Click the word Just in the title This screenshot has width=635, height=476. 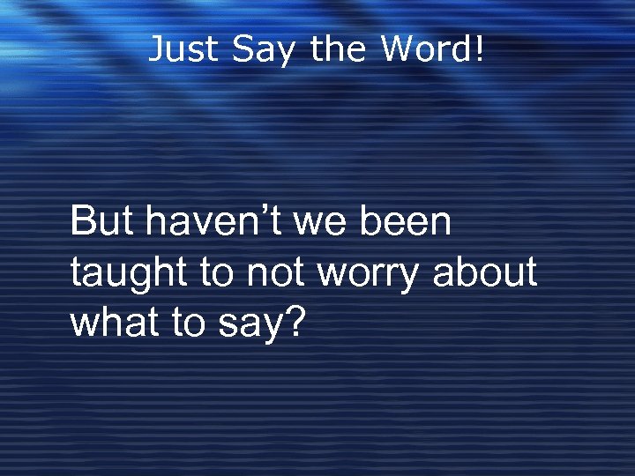184,49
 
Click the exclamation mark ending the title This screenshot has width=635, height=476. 480,49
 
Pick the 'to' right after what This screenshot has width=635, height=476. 187,324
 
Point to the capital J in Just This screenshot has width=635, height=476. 156,49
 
